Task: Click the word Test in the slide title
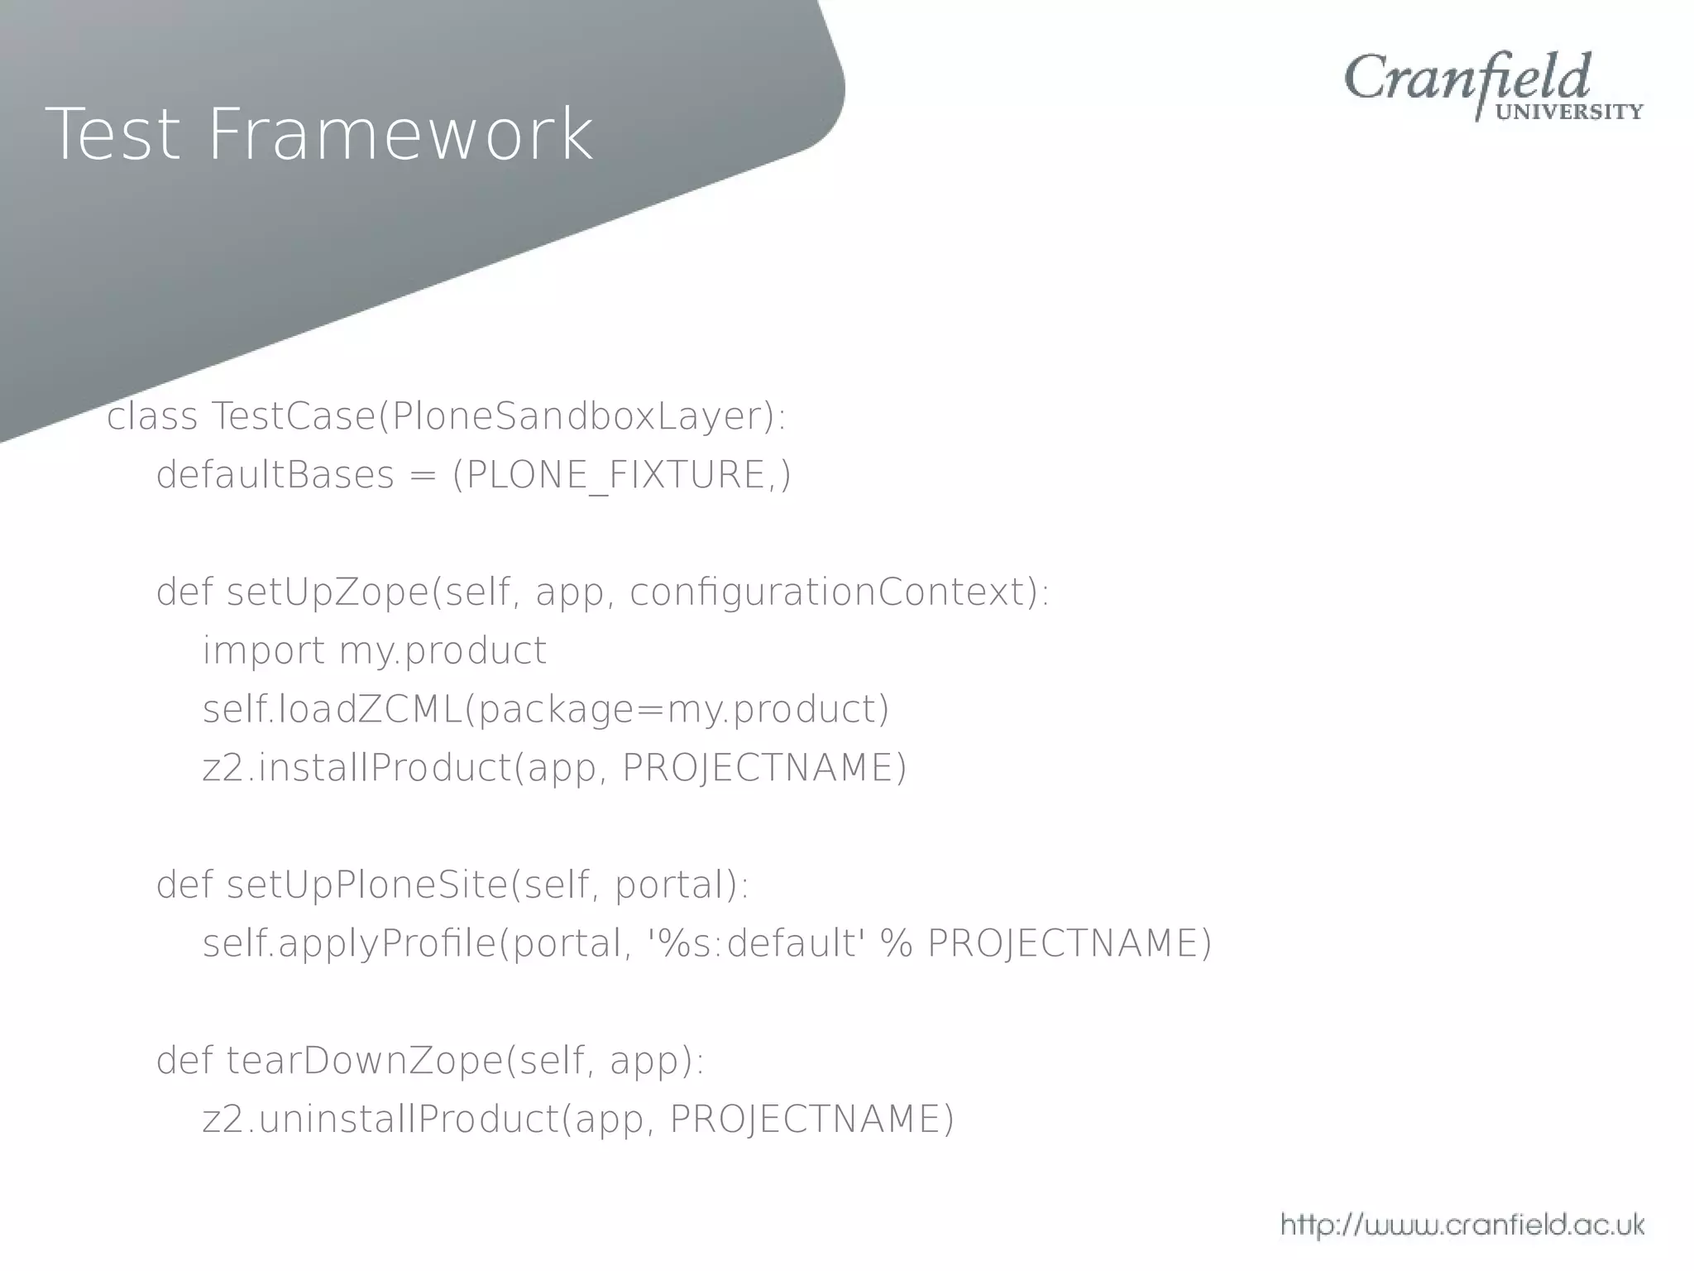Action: click(112, 134)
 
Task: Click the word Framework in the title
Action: click(400, 134)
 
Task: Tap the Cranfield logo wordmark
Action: click(1467, 79)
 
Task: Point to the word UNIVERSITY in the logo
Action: click(1569, 113)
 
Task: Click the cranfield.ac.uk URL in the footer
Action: click(1462, 1225)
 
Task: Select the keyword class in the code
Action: click(152, 416)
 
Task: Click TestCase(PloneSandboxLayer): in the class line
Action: click(499, 416)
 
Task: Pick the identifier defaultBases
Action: click(275, 476)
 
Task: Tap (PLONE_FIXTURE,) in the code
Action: click(621, 476)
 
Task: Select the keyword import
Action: click(264, 651)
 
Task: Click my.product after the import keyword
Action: click(443, 651)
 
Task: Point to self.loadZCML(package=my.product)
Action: click(546, 710)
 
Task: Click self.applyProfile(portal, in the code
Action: click(414, 944)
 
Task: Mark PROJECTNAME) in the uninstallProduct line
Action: click(811, 1120)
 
